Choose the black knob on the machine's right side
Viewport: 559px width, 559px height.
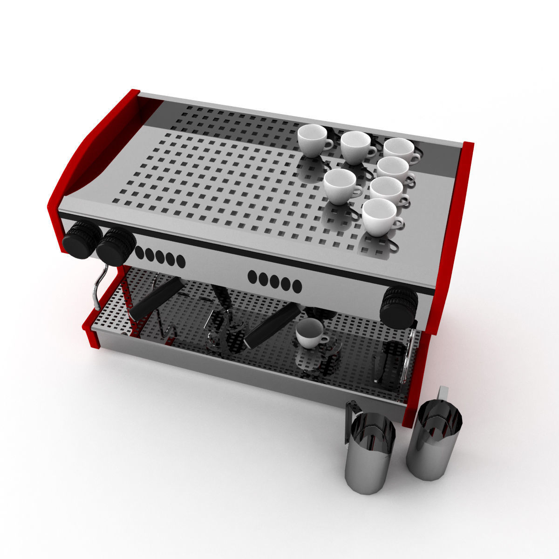(398, 307)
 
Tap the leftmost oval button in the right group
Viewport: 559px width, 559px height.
(252, 277)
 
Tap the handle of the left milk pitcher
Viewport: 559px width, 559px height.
(350, 419)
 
